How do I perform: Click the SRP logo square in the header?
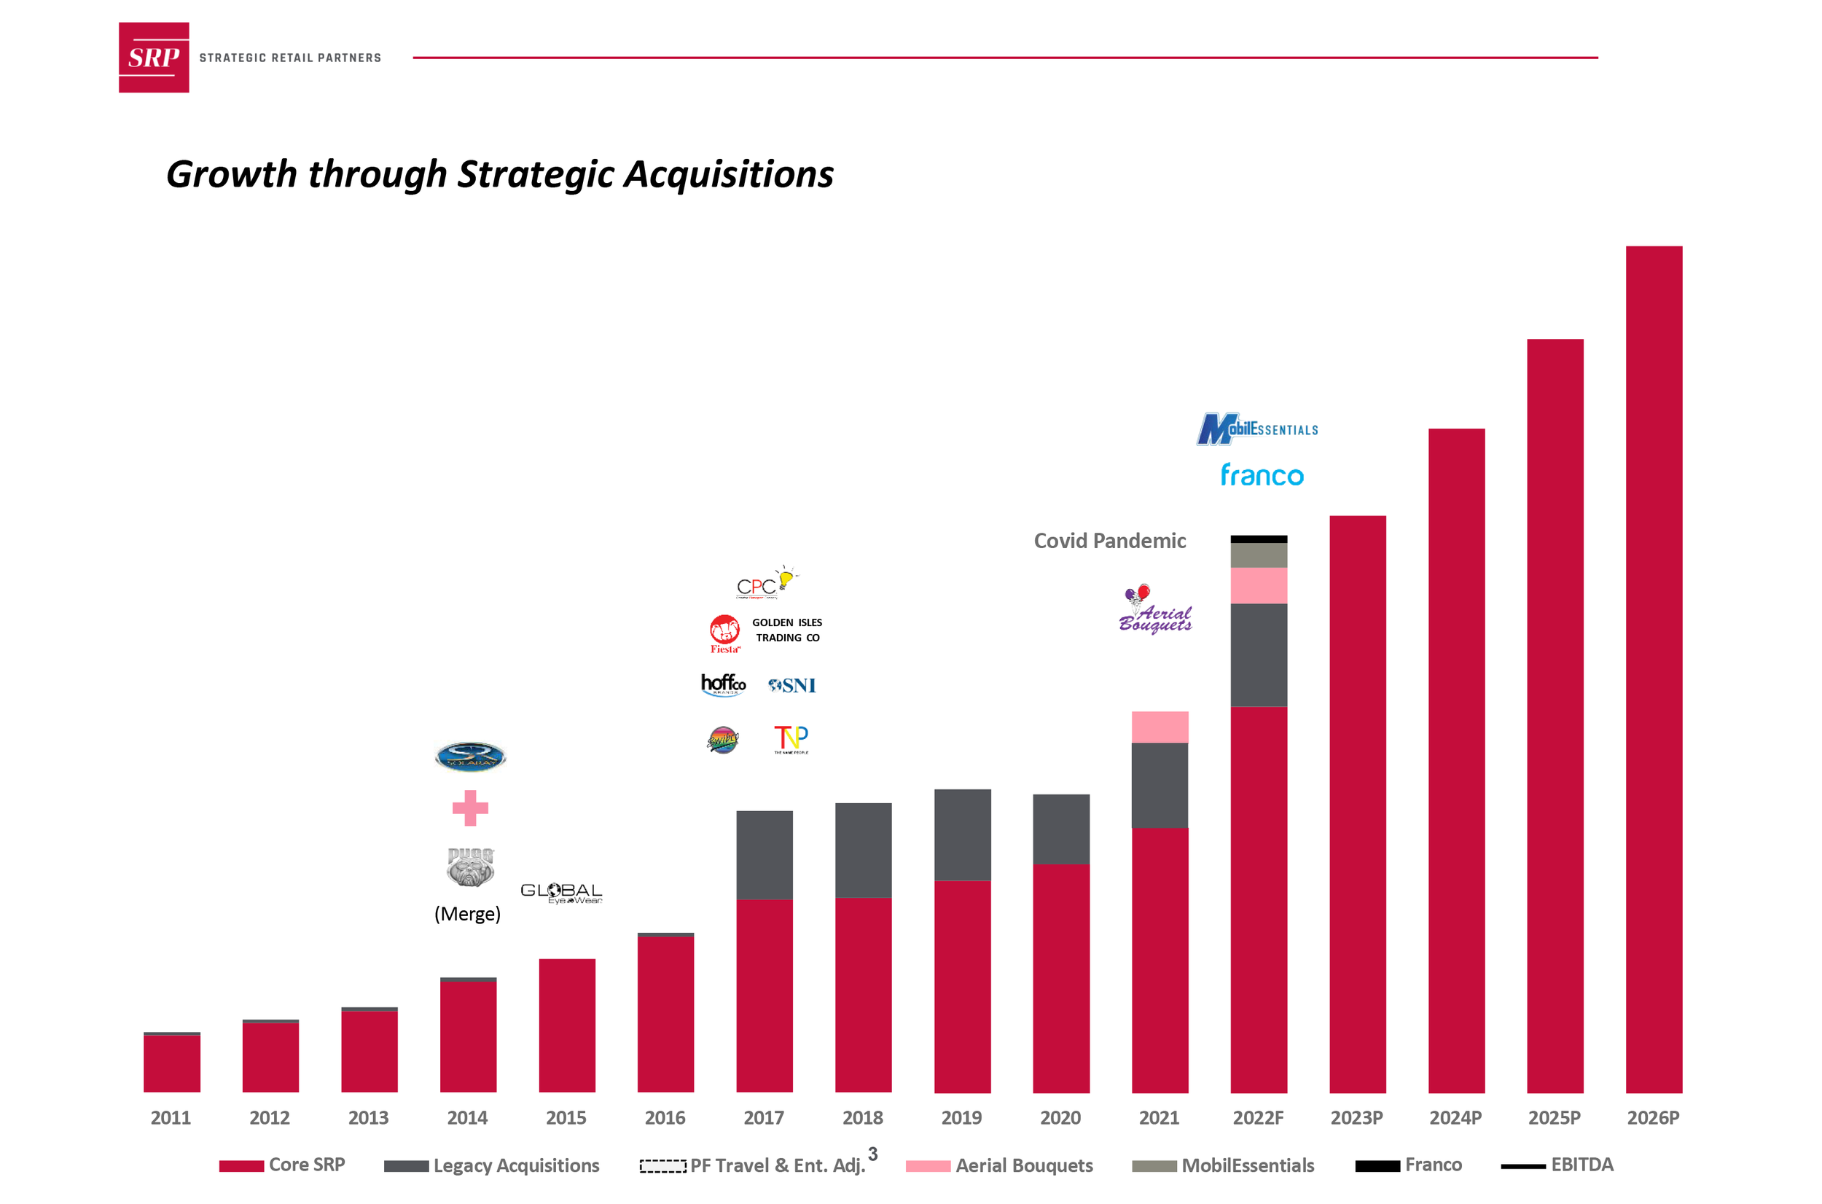tap(154, 58)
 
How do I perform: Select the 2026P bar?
tap(1653, 668)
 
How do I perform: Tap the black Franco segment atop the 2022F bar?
tap(1259, 539)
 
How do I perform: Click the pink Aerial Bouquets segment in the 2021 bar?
tap(1160, 727)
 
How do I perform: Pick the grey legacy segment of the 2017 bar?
tap(764, 855)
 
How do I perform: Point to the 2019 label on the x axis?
tap(961, 1118)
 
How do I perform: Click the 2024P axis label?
tap(1455, 1118)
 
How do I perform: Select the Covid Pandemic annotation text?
tap(1109, 542)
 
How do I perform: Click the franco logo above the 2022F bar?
tap(1262, 475)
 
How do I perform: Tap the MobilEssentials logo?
tap(1257, 429)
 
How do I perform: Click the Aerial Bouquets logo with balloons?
tap(1154, 609)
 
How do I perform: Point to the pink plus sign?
tap(470, 808)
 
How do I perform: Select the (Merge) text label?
tap(467, 914)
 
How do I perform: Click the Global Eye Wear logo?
tap(561, 893)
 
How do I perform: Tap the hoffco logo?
tap(722, 684)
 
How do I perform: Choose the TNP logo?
tap(791, 739)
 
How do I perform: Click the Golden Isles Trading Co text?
tap(787, 630)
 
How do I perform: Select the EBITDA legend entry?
tap(1581, 1165)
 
